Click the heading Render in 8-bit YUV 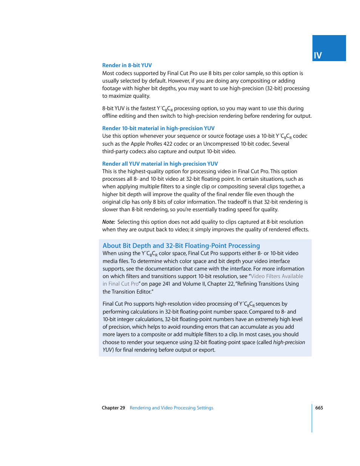click(127, 65)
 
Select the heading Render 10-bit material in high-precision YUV click(158, 128)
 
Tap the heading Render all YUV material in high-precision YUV click(160, 164)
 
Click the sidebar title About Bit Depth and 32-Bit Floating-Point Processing click(181, 246)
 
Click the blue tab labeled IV click(329, 48)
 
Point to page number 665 click(319, 408)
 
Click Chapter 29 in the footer click(113, 408)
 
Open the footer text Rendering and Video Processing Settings click(171, 408)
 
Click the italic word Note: click(108, 222)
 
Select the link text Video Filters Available click(277, 276)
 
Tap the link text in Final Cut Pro click(120, 284)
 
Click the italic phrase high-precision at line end click(289, 342)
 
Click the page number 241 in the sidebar click(166, 284)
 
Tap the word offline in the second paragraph click(110, 116)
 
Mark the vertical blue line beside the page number click(312, 418)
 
